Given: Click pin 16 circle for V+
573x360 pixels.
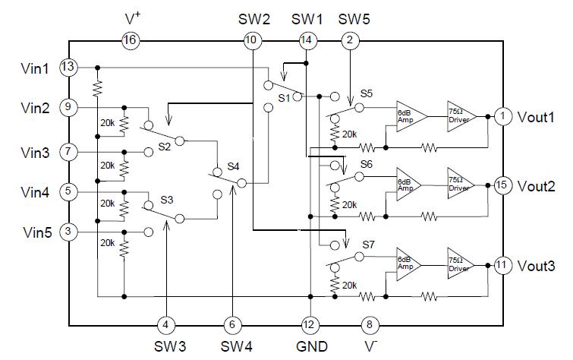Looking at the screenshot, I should tap(131, 41).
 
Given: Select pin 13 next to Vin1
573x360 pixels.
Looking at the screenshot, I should tap(68, 68).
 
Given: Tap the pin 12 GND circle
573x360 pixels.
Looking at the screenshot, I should tap(310, 325).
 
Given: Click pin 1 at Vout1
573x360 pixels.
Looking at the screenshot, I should tap(502, 116).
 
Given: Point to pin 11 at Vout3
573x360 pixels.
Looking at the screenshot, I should tap(502, 265).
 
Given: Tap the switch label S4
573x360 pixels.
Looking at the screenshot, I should tap(233, 166).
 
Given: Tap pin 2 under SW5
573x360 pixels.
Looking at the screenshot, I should tap(349, 41).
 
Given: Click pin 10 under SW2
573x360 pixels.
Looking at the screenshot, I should tap(251, 41).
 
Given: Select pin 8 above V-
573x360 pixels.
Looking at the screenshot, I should tap(369, 325).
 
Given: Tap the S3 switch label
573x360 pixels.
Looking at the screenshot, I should tap(167, 201).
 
